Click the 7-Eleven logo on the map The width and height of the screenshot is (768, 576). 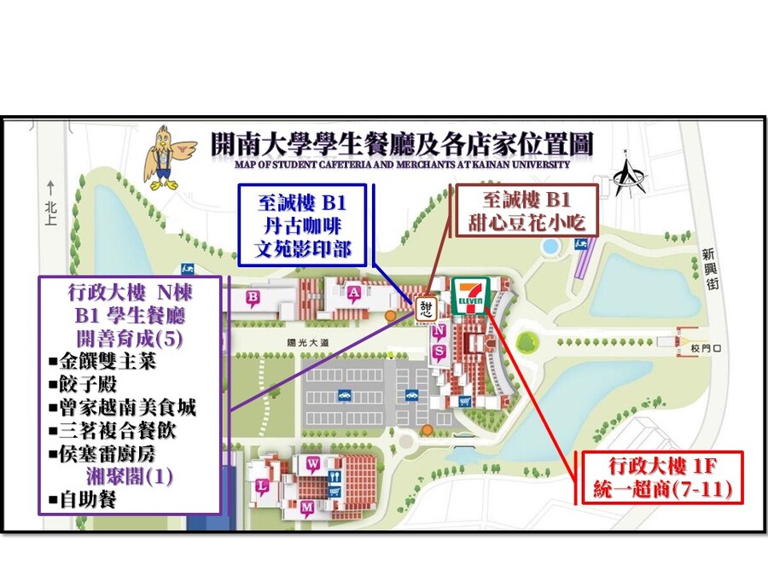click(x=469, y=295)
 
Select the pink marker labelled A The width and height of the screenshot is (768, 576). click(x=354, y=292)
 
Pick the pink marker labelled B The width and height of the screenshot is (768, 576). click(x=253, y=297)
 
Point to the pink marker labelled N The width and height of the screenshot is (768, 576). click(x=439, y=331)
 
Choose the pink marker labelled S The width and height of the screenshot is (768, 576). click(x=439, y=351)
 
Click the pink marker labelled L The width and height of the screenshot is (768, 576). click(x=262, y=487)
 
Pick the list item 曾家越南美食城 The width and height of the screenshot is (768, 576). click(x=128, y=408)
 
